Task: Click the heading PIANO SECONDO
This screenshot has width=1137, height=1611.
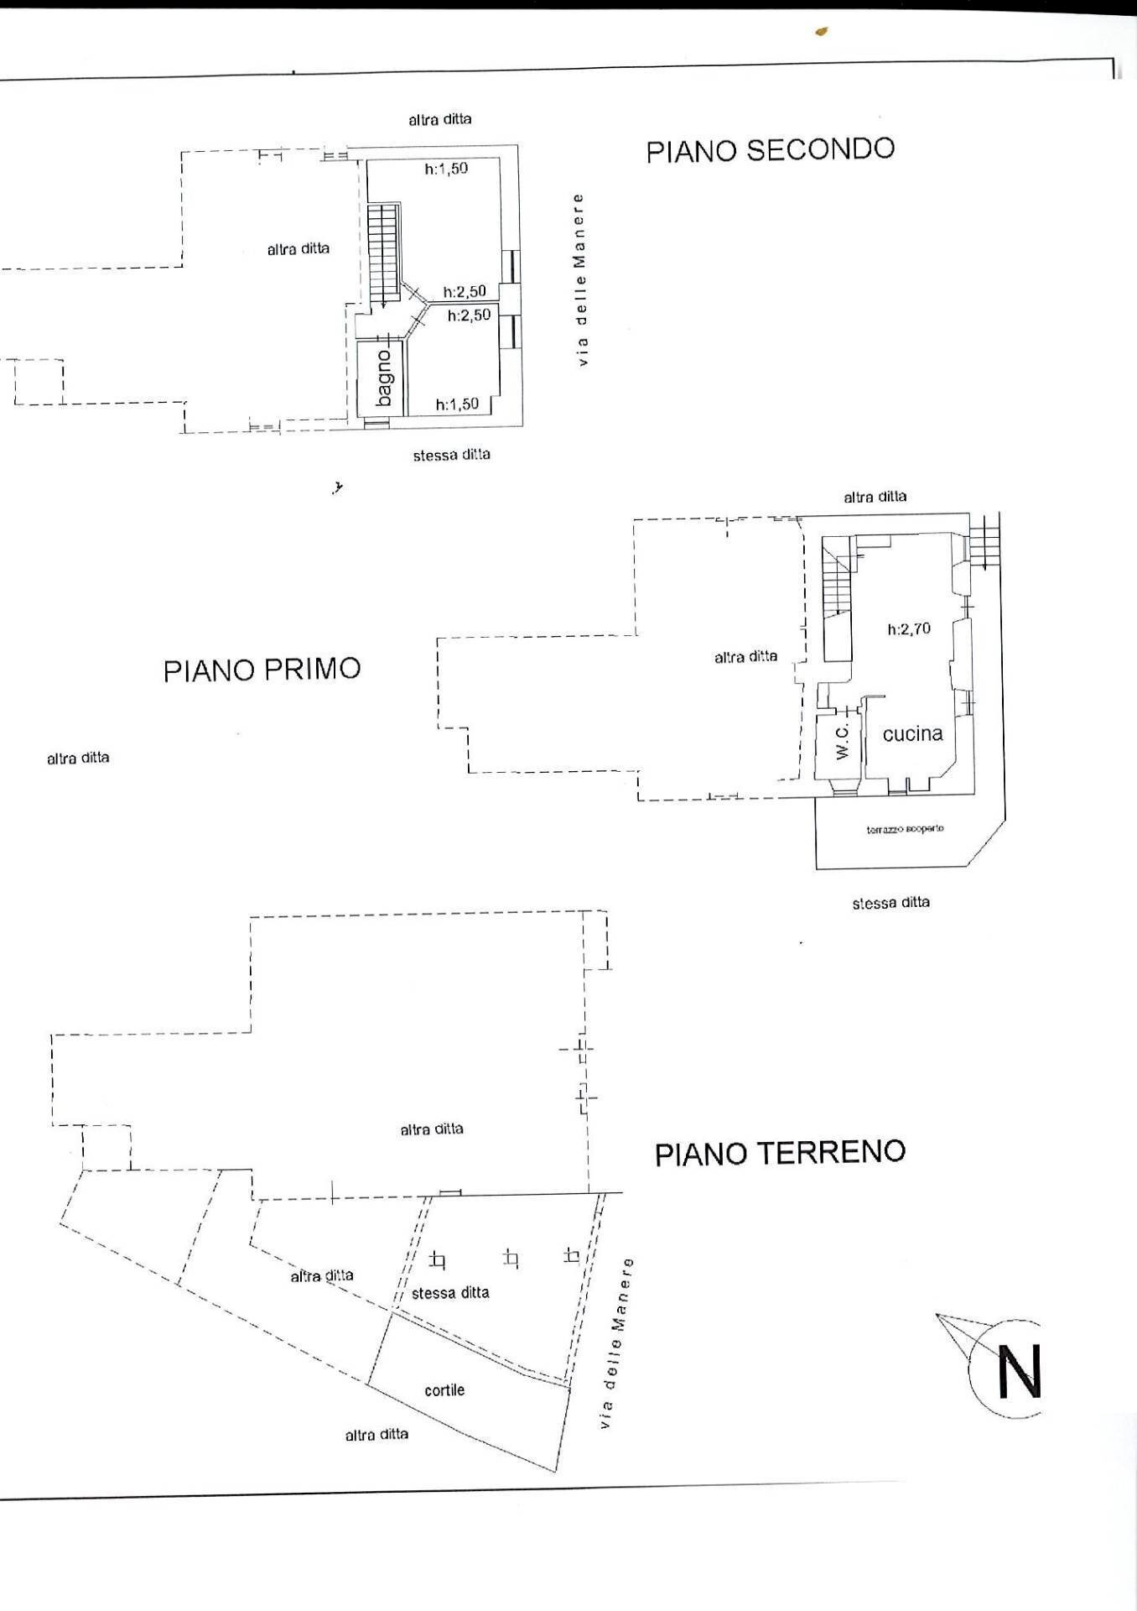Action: pyautogui.click(x=770, y=149)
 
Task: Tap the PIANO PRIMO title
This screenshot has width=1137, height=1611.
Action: pyautogui.click(x=262, y=670)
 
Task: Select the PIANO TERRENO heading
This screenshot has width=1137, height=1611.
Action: pyautogui.click(x=780, y=1153)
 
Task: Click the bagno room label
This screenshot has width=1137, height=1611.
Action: pyautogui.click(x=383, y=378)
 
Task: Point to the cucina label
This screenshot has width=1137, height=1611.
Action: pyautogui.click(x=912, y=733)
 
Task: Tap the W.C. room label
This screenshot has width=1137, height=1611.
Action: pyautogui.click(x=843, y=741)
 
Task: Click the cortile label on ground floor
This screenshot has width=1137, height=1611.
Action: pyautogui.click(x=444, y=1390)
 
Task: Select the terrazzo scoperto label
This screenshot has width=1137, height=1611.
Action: pyautogui.click(x=905, y=829)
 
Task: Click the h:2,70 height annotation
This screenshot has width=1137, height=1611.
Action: pyautogui.click(x=909, y=628)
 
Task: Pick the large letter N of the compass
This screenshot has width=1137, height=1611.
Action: pyautogui.click(x=1019, y=1372)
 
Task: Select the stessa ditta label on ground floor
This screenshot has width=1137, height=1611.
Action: pyautogui.click(x=450, y=1293)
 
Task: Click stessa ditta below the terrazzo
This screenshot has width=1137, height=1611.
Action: pyautogui.click(x=890, y=903)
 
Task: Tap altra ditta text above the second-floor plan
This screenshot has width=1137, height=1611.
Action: pyautogui.click(x=439, y=119)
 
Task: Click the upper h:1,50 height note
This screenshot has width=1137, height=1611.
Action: pyautogui.click(x=446, y=169)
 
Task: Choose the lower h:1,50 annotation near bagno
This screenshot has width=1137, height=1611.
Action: pyautogui.click(x=457, y=404)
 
